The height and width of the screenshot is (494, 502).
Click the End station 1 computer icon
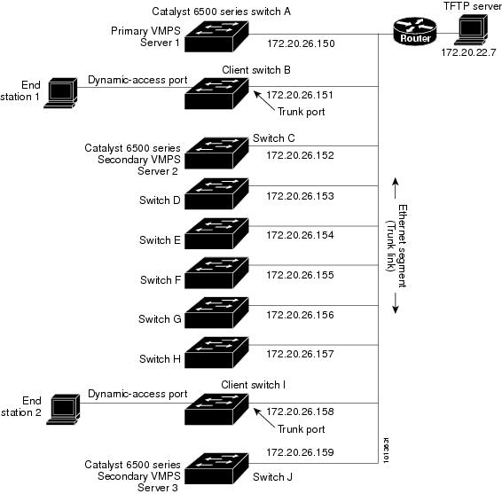tap(62, 90)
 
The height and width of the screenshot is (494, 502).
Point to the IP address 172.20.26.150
tap(300, 43)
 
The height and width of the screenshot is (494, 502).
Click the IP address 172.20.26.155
tap(300, 276)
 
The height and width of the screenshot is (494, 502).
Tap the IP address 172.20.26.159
tap(300, 453)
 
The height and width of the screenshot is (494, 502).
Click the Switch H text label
tap(160, 359)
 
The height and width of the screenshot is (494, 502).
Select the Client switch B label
tap(257, 69)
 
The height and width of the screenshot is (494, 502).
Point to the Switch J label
tap(273, 477)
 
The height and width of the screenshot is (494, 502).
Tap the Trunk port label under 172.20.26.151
tap(302, 112)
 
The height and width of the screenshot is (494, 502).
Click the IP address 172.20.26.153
tap(300, 196)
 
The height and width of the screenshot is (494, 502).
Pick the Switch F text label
tap(161, 280)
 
